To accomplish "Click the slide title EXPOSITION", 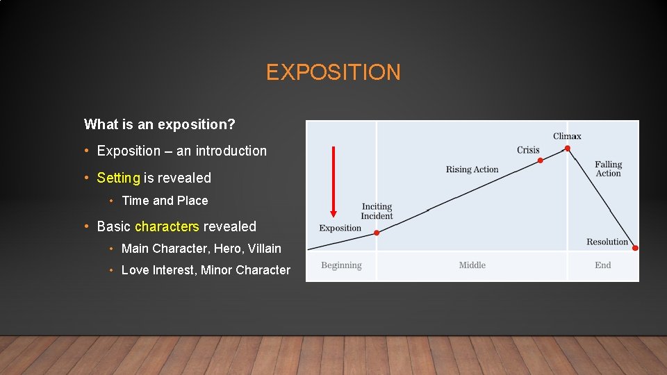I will click(x=333, y=72).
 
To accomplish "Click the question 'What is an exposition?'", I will click(x=159, y=124).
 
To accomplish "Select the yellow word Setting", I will click(x=118, y=178).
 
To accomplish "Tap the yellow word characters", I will click(x=167, y=226).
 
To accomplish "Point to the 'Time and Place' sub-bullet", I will click(x=165, y=201).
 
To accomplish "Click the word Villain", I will click(x=264, y=249).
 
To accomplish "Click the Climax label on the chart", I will click(x=567, y=136).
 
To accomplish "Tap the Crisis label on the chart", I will click(x=528, y=150).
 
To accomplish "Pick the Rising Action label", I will click(x=472, y=169).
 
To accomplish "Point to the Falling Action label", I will click(x=608, y=169).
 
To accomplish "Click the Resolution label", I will click(x=607, y=242).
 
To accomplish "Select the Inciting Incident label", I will click(x=377, y=211).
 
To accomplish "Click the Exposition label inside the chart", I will click(x=340, y=228).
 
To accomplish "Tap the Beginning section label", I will click(x=341, y=265).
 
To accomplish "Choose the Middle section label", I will click(x=472, y=265).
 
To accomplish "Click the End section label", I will click(x=602, y=265).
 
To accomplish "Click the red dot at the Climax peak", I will click(x=568, y=148).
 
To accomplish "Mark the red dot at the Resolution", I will click(x=635, y=248).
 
